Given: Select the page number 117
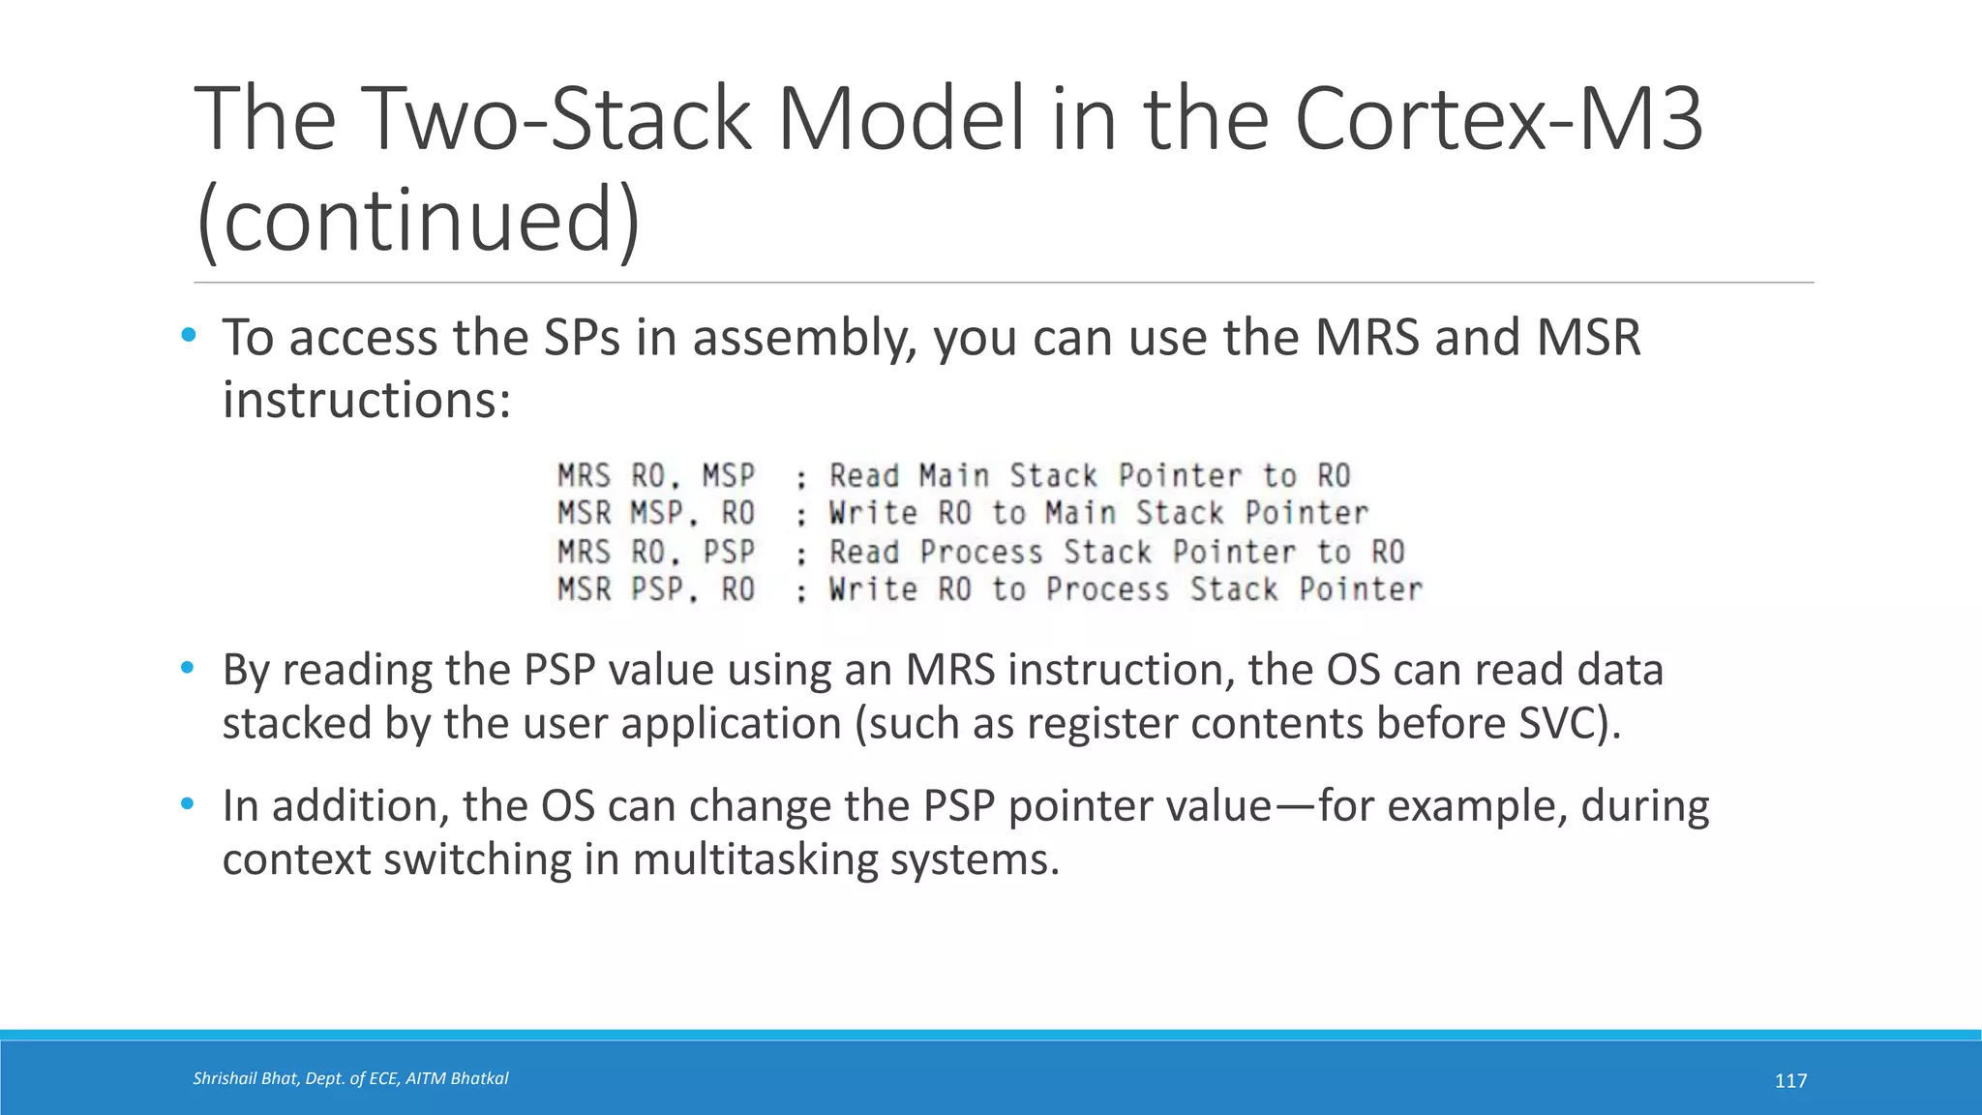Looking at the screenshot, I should pyautogui.click(x=1790, y=1081).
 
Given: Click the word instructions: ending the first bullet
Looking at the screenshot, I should pyautogui.click(x=366, y=400).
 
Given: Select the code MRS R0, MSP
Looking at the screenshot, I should pyautogui.click(x=655, y=476).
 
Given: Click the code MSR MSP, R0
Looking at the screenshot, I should pyautogui.click(x=655, y=513).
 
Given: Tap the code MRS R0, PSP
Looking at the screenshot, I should pyautogui.click(x=655, y=552).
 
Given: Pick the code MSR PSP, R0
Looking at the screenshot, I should pyautogui.click(x=655, y=589).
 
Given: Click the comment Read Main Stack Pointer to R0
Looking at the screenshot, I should pyautogui.click(x=1089, y=476).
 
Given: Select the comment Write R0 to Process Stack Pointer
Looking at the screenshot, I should pyautogui.click(x=1125, y=589).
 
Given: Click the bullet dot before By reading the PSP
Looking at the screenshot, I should pyautogui.click(x=188, y=668).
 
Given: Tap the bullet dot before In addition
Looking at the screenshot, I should pyautogui.click(x=188, y=803).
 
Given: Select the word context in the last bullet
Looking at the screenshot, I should pyautogui.click(x=296, y=859).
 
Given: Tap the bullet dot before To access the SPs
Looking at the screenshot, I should pyautogui.click(x=188, y=336).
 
